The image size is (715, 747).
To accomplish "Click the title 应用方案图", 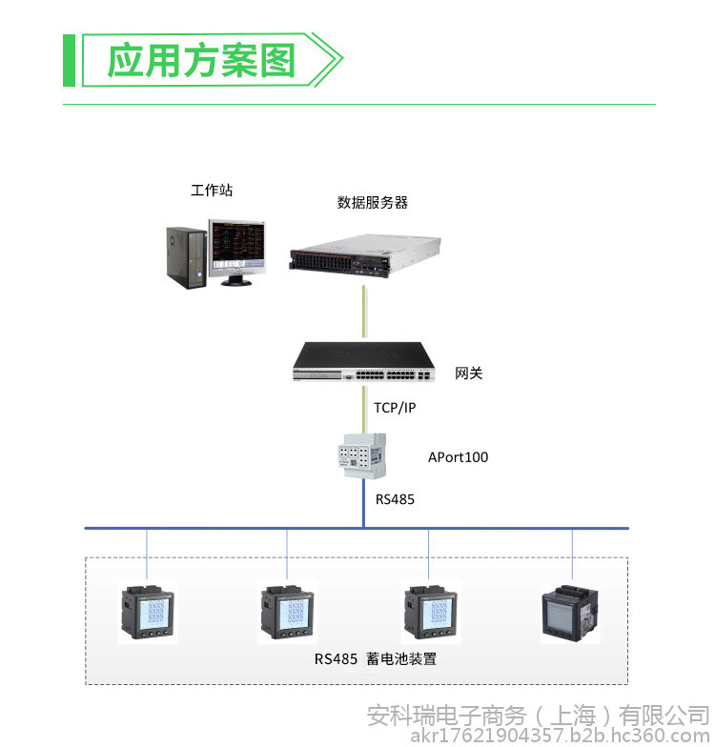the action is [200, 61].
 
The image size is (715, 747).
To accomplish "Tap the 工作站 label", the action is [212, 191].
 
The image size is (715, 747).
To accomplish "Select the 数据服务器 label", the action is [372, 202].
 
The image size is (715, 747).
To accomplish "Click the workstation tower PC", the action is [187, 257].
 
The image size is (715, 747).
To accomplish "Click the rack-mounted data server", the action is [364, 255].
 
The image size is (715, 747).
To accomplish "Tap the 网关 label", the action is [469, 373].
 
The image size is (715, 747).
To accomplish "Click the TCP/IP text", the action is [395, 408].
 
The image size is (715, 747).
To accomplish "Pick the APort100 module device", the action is [362, 455].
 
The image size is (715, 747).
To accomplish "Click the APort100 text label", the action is [458, 457].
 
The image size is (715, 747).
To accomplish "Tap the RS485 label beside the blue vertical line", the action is [395, 499].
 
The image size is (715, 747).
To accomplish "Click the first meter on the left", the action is [147, 613].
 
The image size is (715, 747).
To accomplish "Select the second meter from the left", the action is [288, 613].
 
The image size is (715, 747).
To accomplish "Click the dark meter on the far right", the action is [570, 614].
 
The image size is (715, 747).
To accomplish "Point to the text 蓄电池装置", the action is [401, 659].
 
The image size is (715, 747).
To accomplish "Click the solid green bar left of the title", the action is [69, 61].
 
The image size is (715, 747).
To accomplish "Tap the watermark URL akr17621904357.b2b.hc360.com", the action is [561, 736].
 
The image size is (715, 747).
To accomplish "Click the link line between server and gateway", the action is [364, 312].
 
